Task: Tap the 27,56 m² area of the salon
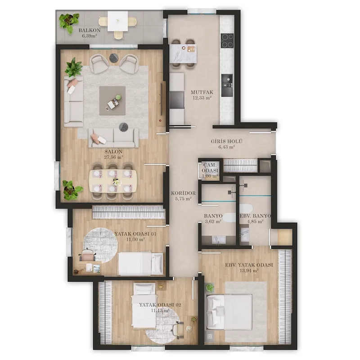tap(113, 157)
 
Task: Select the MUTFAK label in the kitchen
tap(202, 92)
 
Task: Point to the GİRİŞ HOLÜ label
tap(227, 141)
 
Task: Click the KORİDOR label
tap(183, 193)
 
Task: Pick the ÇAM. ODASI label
tap(210, 168)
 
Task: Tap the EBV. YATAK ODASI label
tap(249, 265)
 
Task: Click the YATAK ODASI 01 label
tap(135, 234)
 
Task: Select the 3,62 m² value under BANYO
tap(213, 221)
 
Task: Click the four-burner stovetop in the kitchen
tap(227, 40)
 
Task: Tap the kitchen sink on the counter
tap(227, 85)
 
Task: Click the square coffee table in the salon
tap(112, 100)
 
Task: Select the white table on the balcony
tap(118, 21)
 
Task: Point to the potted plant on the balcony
tap(69, 21)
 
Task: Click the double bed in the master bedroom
tap(229, 311)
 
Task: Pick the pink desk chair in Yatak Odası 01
tap(87, 255)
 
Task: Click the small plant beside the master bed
tap(210, 288)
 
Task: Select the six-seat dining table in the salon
tap(113, 181)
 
